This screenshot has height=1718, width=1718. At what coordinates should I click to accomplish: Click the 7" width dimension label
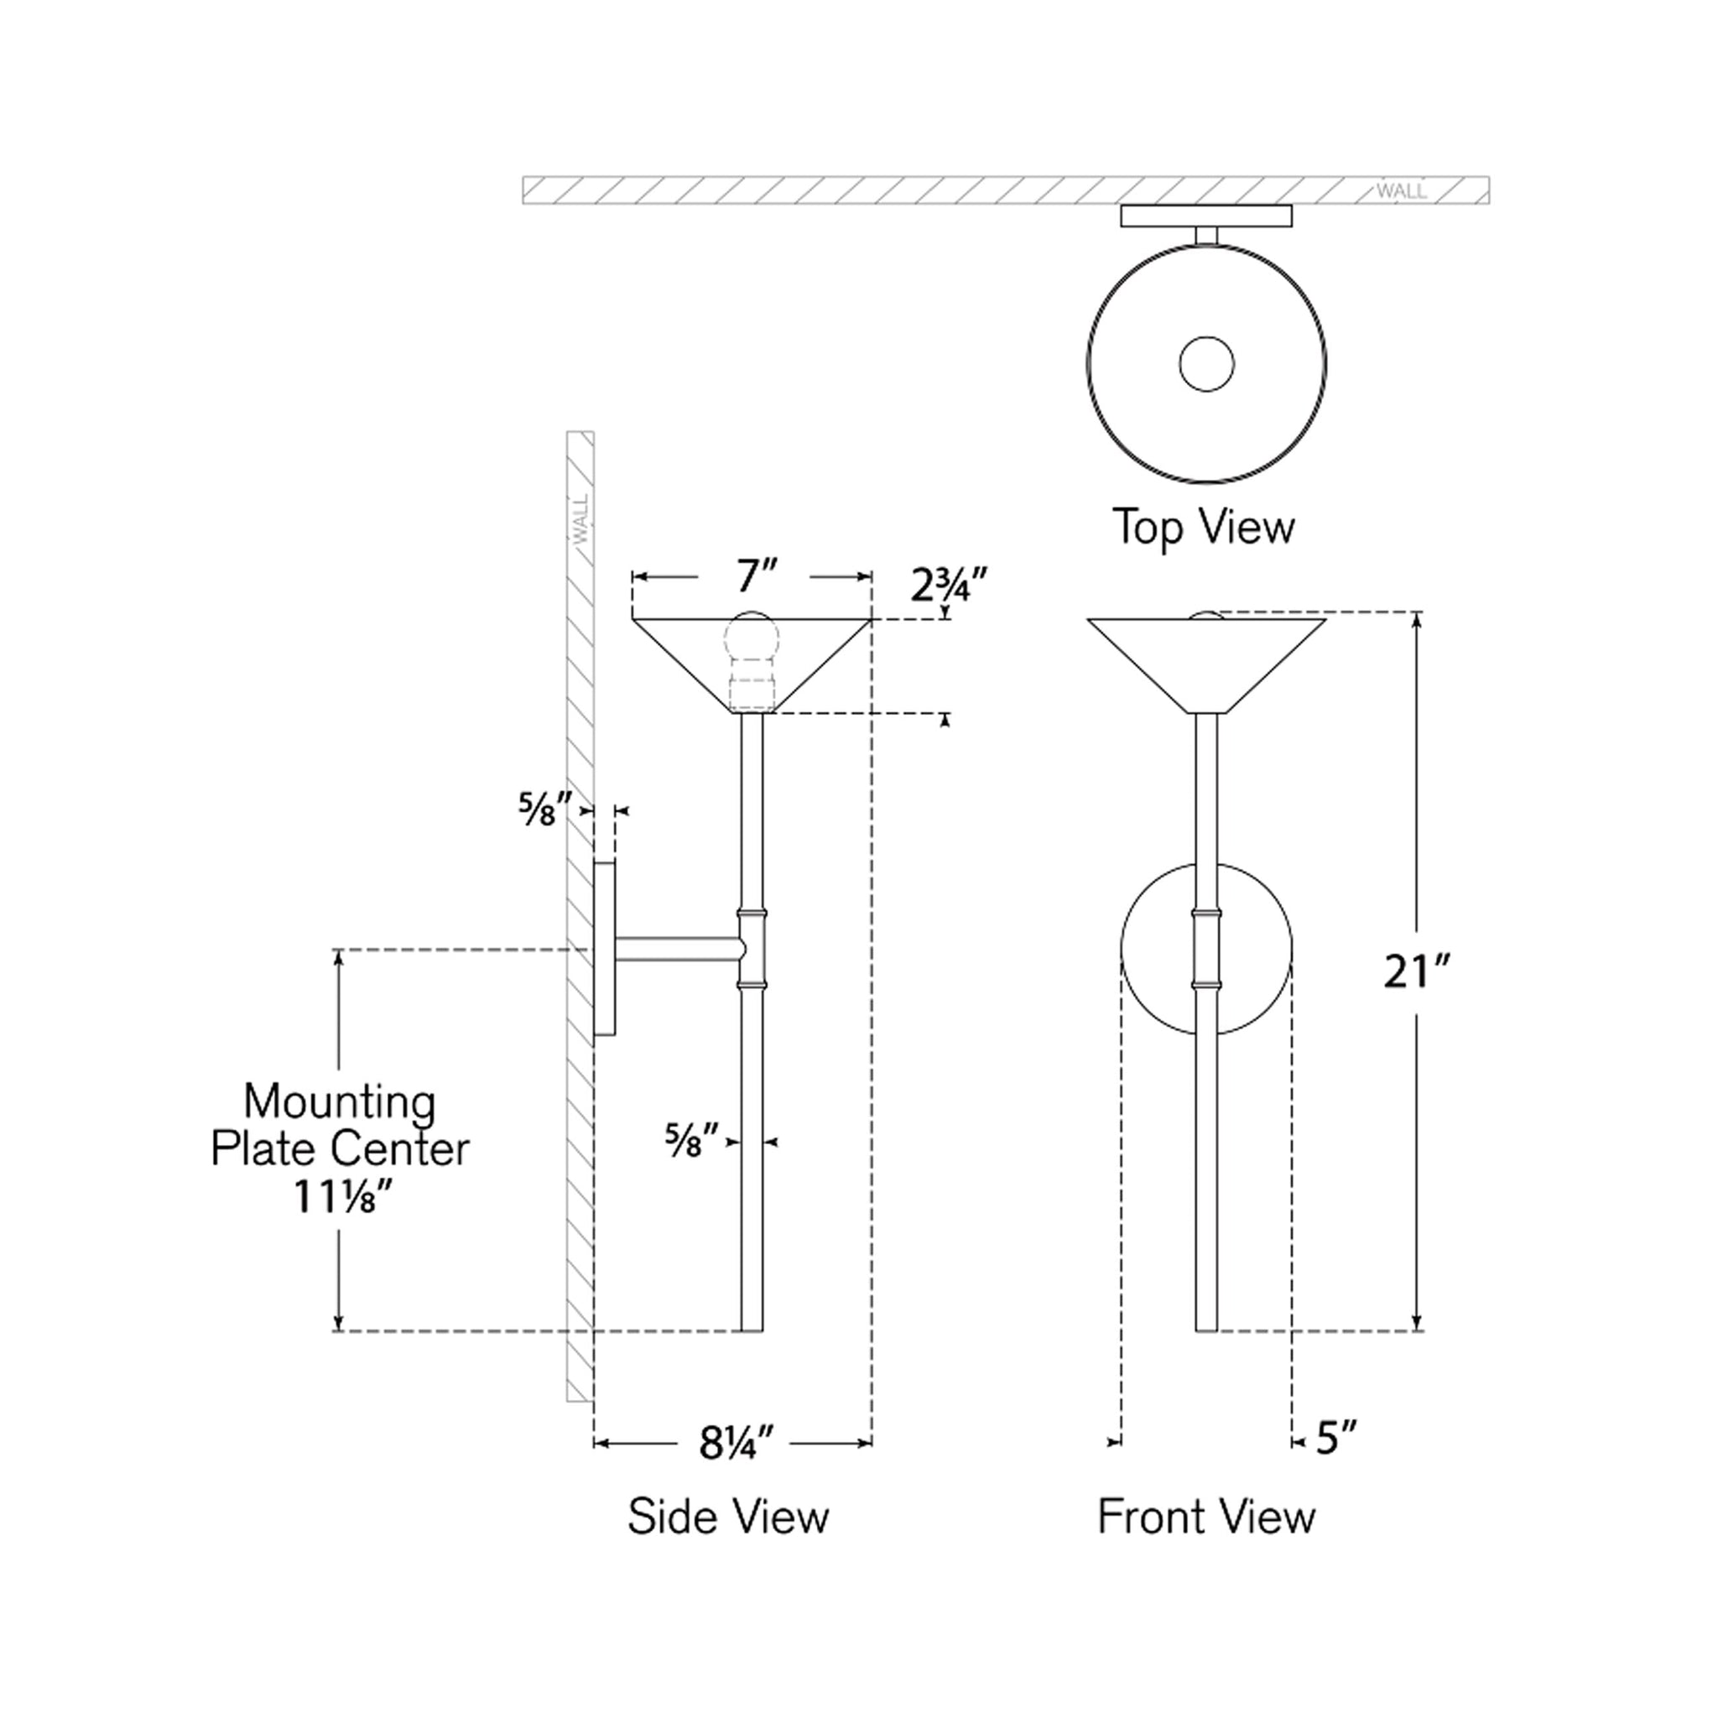(x=757, y=577)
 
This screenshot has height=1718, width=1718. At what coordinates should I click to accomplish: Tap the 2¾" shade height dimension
(x=949, y=586)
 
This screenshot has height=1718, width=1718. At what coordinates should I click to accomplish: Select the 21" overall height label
(x=1417, y=972)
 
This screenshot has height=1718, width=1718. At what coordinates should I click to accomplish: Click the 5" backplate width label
(x=1336, y=1438)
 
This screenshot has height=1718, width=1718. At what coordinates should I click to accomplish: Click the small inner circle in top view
(x=1205, y=364)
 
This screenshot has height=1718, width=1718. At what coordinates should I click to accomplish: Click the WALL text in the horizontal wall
(x=1402, y=191)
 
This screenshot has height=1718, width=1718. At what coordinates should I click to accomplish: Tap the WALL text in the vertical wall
(x=581, y=520)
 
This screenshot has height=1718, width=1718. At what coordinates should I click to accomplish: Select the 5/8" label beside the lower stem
(x=691, y=1140)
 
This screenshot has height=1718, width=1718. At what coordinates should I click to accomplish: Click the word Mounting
(x=340, y=1102)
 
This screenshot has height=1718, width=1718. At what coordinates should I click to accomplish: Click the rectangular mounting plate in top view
(x=1205, y=216)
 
